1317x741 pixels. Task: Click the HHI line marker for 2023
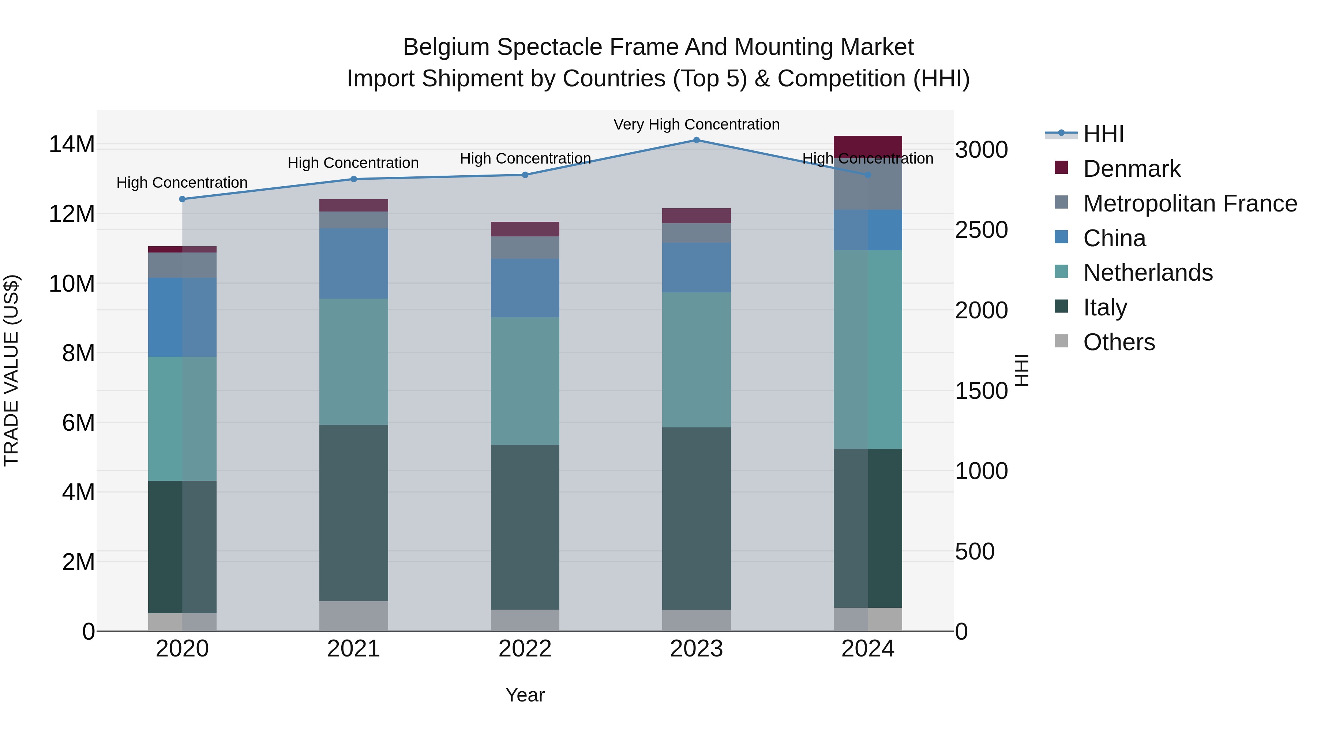point(696,140)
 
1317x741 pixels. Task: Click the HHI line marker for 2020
point(183,199)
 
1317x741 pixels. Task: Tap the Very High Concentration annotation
point(696,124)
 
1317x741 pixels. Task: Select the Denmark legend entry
point(1132,169)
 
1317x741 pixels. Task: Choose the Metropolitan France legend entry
point(1190,203)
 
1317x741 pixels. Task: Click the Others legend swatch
point(1061,341)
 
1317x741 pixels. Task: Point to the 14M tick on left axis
point(72,145)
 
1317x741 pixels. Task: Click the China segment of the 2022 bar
point(525,288)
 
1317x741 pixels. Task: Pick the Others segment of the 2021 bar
point(354,616)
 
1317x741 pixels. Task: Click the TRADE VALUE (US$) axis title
point(11,370)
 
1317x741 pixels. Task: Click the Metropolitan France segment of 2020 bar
point(183,265)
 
